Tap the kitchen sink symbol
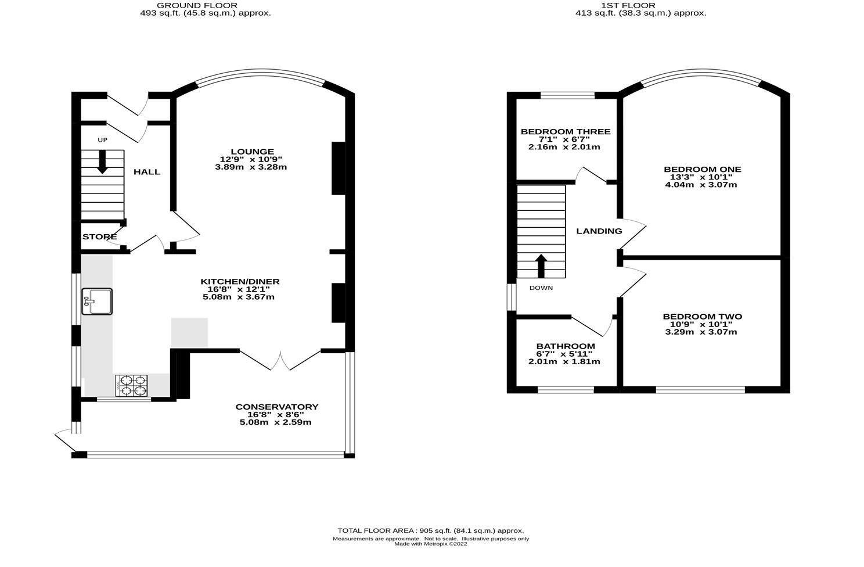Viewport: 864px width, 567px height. pos(97,302)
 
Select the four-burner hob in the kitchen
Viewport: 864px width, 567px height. pos(132,385)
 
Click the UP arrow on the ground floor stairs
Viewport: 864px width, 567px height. pos(102,162)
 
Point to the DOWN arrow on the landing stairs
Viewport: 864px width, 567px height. pos(541,266)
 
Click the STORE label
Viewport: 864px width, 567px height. pos(99,237)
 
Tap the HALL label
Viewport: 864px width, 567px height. pos(147,172)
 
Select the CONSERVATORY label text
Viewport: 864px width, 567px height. pos(276,407)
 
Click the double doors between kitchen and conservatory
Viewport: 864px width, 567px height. pos(280,360)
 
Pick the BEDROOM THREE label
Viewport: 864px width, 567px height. pos(565,132)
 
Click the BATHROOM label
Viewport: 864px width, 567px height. pos(565,346)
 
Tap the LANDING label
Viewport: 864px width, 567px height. pos(599,231)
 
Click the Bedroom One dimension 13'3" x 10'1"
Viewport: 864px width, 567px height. pos(702,177)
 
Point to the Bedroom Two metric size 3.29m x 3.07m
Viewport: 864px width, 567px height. pos(701,332)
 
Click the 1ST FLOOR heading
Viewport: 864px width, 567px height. pos(640,5)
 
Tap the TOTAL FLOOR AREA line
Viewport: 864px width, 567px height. pos(430,530)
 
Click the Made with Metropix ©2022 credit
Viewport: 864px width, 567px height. pos(430,544)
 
